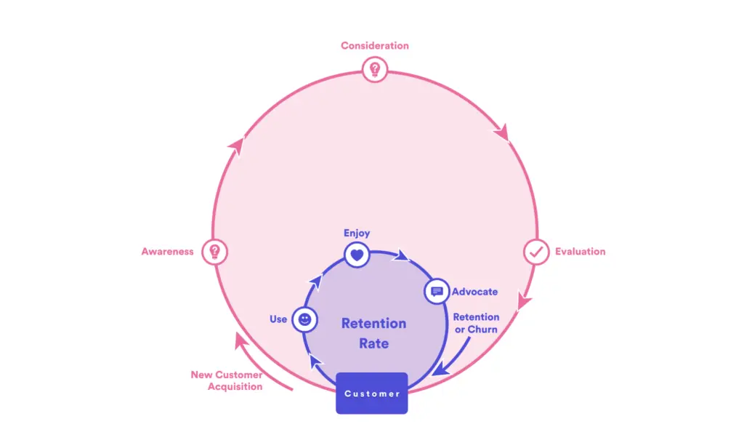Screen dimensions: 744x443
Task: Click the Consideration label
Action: click(374, 46)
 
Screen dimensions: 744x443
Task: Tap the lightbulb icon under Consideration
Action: click(375, 69)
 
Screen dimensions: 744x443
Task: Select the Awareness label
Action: click(168, 252)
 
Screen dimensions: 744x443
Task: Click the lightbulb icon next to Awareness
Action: click(214, 252)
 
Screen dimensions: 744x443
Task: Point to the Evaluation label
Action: click(581, 252)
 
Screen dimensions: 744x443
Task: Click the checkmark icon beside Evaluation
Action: click(536, 252)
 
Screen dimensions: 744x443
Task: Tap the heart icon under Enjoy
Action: click(357, 255)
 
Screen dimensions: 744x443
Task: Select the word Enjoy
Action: click(357, 233)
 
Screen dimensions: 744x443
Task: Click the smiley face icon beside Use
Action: click(304, 319)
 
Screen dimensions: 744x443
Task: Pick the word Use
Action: click(278, 319)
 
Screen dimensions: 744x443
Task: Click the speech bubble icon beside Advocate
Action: click(437, 291)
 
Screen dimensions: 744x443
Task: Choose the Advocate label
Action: click(474, 292)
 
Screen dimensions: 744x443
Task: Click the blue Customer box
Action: click(371, 393)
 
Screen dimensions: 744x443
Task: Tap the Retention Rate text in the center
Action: click(374, 333)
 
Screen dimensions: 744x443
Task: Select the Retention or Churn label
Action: click(476, 323)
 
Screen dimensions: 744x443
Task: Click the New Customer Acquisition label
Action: click(227, 380)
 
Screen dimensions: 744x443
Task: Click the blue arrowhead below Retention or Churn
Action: click(441, 369)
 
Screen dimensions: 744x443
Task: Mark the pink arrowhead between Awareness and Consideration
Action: click(237, 145)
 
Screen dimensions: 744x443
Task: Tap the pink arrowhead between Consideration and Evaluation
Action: click(502, 132)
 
